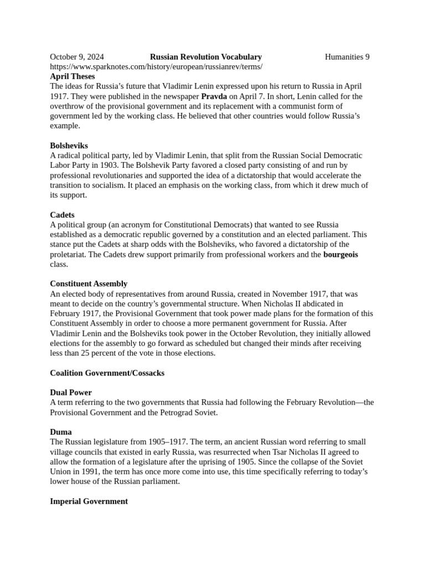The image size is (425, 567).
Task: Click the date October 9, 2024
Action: pos(77,56)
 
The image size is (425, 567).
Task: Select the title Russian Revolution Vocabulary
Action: pos(206,56)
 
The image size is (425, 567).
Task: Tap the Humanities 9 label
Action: pos(347,56)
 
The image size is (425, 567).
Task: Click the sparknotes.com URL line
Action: pos(156,66)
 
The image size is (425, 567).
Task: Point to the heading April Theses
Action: pos(72,76)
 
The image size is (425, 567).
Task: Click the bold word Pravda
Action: pos(214,96)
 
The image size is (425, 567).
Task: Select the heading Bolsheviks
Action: pos(69,146)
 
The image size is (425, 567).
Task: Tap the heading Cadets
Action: pos(62,215)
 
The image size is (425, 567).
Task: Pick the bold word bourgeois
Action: pos(340,255)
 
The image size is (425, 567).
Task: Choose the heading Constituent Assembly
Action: pos(89,284)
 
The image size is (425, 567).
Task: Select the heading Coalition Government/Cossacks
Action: pos(107,373)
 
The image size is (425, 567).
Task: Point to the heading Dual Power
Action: pos(71,393)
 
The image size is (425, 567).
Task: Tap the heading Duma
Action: pos(61,432)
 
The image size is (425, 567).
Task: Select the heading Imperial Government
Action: pos(89,501)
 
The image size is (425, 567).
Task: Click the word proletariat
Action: pos(69,255)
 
